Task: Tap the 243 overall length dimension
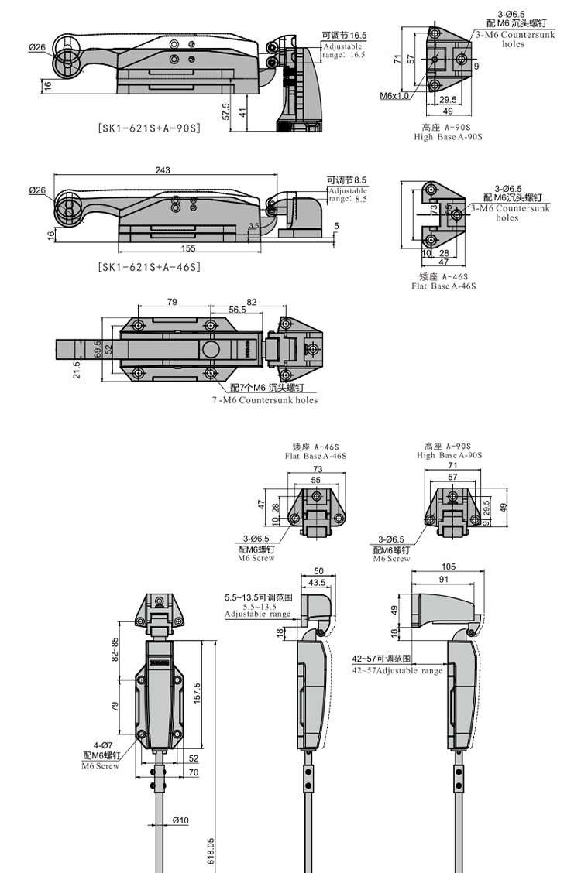click(x=162, y=170)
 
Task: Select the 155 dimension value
click(x=189, y=248)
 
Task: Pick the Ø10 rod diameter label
click(x=180, y=820)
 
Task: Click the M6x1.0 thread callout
click(x=394, y=96)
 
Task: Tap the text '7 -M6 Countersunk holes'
click(x=264, y=400)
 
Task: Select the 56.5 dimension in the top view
click(x=215, y=309)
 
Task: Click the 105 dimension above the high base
click(x=448, y=567)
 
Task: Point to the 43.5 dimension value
click(x=317, y=582)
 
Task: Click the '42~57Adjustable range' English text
click(x=397, y=671)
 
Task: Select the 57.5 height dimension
click(x=225, y=111)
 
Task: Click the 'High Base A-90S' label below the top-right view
click(x=448, y=137)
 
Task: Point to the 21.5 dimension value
click(x=77, y=371)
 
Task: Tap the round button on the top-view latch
click(x=211, y=350)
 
